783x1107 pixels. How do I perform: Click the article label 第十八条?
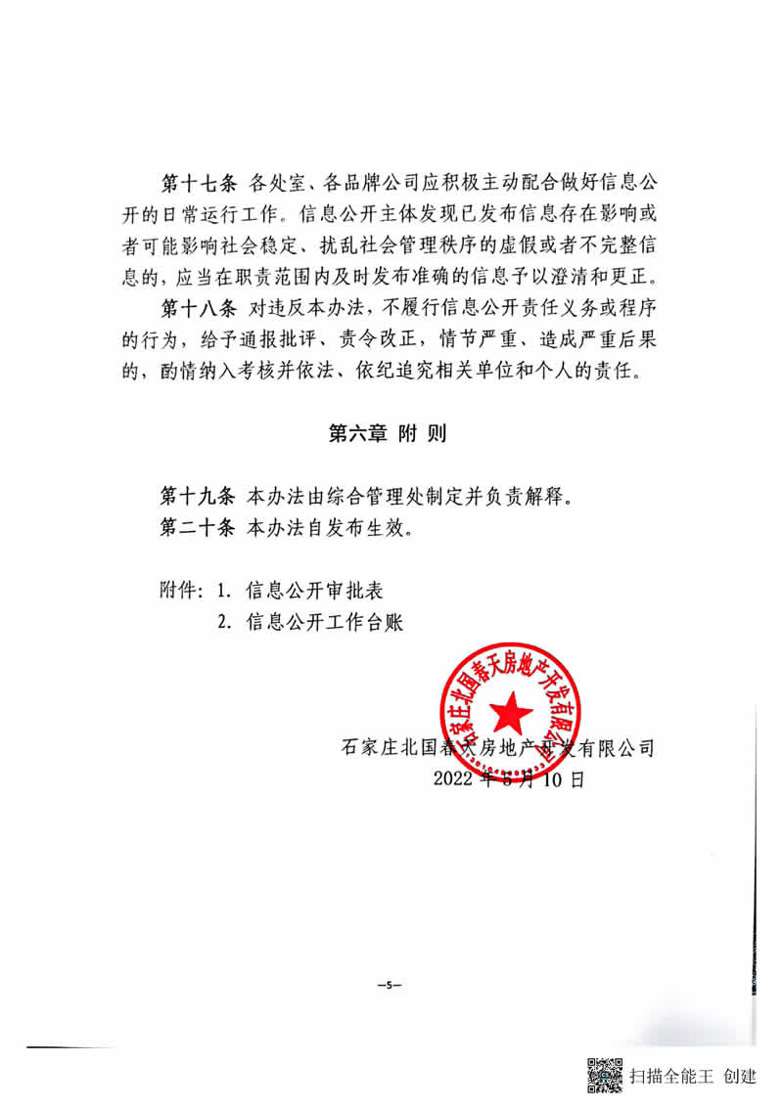[197, 309]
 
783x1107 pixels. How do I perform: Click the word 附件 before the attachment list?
[179, 591]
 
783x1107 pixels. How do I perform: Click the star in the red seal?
[512, 715]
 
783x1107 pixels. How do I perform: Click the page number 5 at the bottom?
[389, 984]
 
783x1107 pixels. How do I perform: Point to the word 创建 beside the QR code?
[740, 1077]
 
